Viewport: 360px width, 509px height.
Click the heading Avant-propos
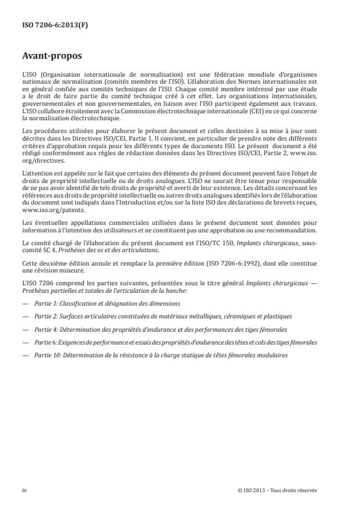(52, 57)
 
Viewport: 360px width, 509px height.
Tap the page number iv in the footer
(24, 490)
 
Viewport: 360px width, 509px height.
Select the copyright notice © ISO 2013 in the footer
(278, 490)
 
